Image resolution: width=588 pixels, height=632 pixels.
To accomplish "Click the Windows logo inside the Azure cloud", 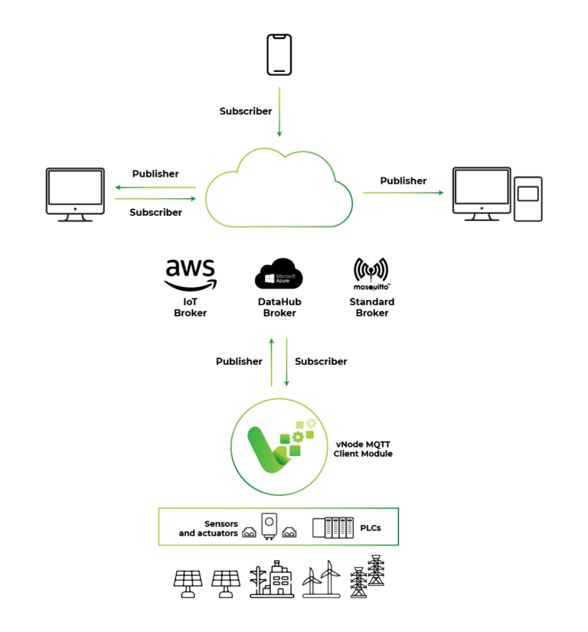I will (269, 279).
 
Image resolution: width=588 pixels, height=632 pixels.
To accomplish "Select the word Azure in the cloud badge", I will (283, 282).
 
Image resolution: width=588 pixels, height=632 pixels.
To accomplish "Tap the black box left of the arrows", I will (52, 191).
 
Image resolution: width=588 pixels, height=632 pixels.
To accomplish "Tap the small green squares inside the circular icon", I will (293, 450).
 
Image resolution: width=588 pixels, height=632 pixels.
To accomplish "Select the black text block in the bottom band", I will (256, 528).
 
